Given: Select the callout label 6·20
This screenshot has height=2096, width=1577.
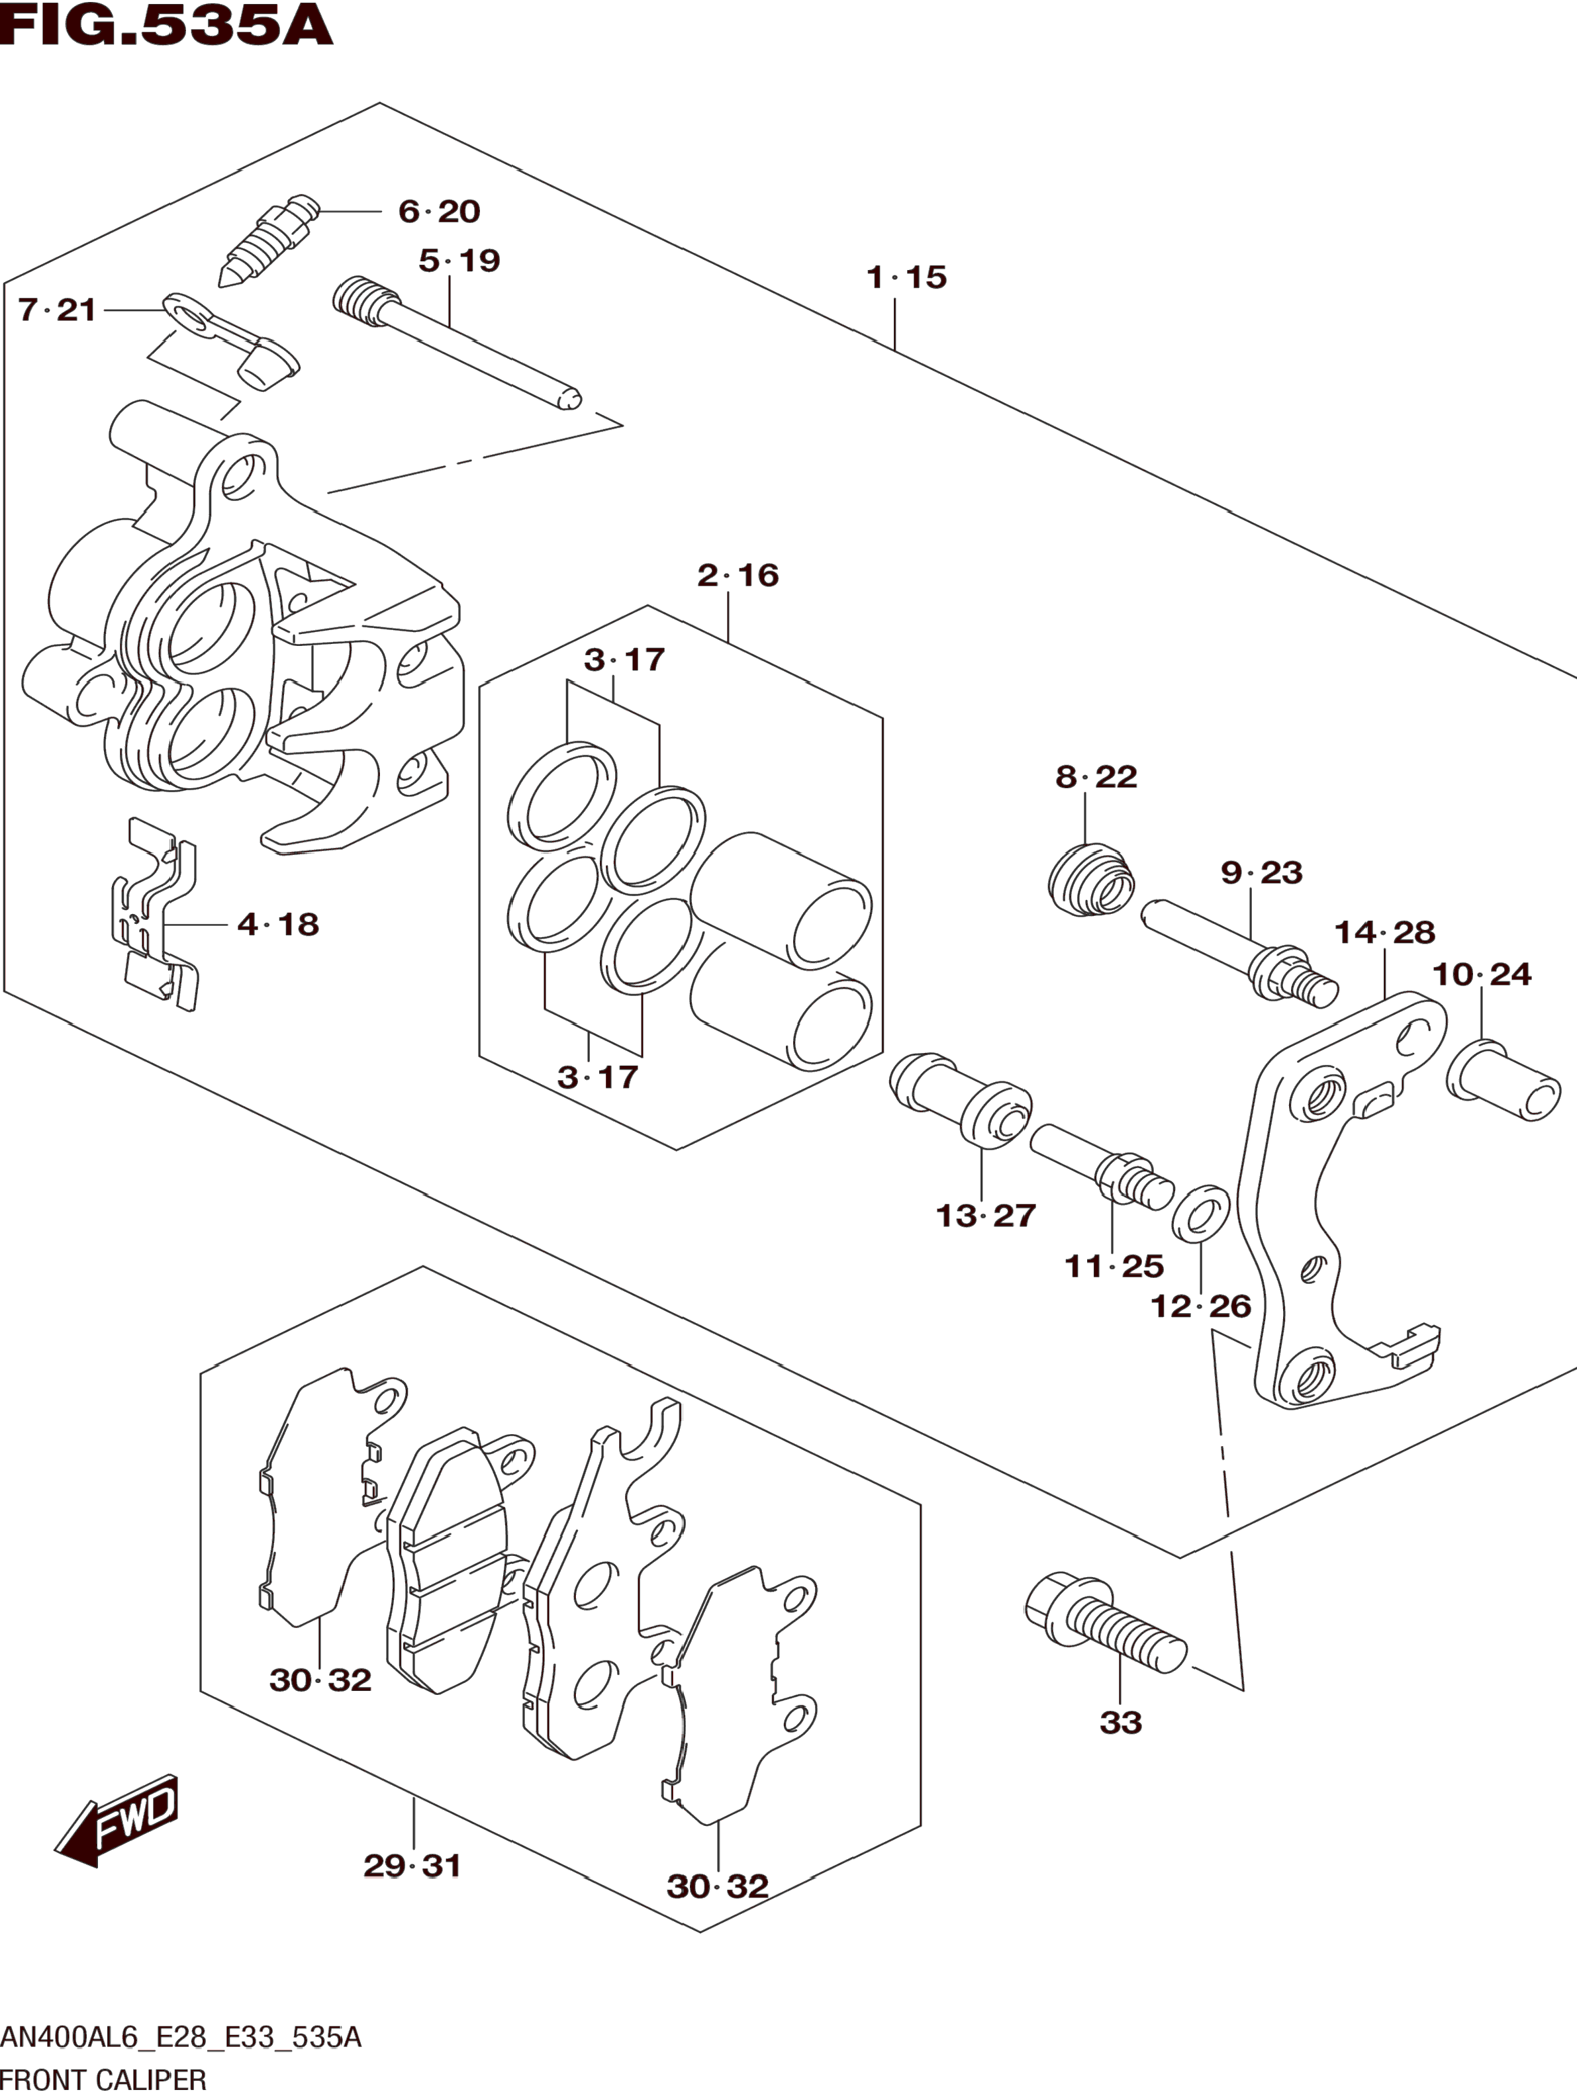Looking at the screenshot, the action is pos(440,211).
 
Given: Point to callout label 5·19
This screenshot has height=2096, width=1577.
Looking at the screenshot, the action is pos(459,261).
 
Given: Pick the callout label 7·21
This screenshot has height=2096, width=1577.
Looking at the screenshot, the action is pos(58,310).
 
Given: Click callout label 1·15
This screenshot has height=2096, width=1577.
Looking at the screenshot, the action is pos(907,277).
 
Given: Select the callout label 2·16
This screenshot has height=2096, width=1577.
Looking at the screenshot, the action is pos(738,575).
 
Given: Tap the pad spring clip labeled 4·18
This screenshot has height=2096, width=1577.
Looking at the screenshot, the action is pos(156,915).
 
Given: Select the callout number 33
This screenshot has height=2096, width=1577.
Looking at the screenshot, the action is pos(1121,1723).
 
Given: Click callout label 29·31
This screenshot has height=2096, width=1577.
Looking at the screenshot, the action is pos(413,1866).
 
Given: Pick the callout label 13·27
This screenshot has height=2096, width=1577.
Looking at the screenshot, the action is pos(986,1216).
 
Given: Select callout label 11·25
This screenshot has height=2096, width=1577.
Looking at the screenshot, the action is pos(1114,1266).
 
